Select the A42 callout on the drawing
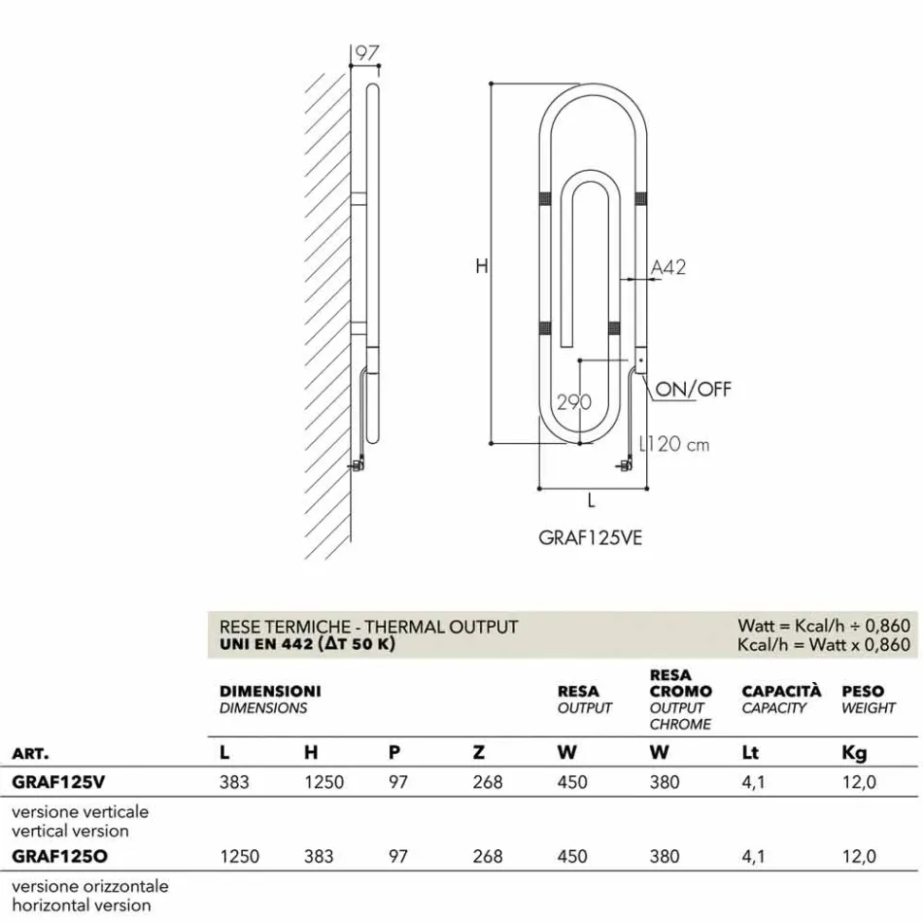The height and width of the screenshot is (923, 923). click(667, 266)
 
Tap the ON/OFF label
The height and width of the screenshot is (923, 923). click(693, 390)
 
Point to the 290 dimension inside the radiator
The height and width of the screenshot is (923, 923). click(574, 402)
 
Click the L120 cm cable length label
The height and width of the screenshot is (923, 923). click(673, 445)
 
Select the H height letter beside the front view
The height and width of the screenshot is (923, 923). click(481, 266)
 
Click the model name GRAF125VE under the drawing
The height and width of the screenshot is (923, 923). click(590, 538)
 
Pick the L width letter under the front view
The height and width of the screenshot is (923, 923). click(591, 501)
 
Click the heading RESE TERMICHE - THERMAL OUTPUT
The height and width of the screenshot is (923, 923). click(369, 628)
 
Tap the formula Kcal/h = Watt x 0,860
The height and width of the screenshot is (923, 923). click(824, 645)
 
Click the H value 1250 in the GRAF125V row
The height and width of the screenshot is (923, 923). click(324, 782)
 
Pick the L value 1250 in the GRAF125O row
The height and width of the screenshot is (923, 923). click(239, 856)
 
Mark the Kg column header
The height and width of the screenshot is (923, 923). click(853, 753)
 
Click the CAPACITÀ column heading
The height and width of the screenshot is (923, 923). click(781, 691)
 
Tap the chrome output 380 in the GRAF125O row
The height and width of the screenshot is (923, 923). click(665, 856)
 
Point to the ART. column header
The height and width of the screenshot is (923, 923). click(30, 753)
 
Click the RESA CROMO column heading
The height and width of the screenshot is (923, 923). click(680, 683)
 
